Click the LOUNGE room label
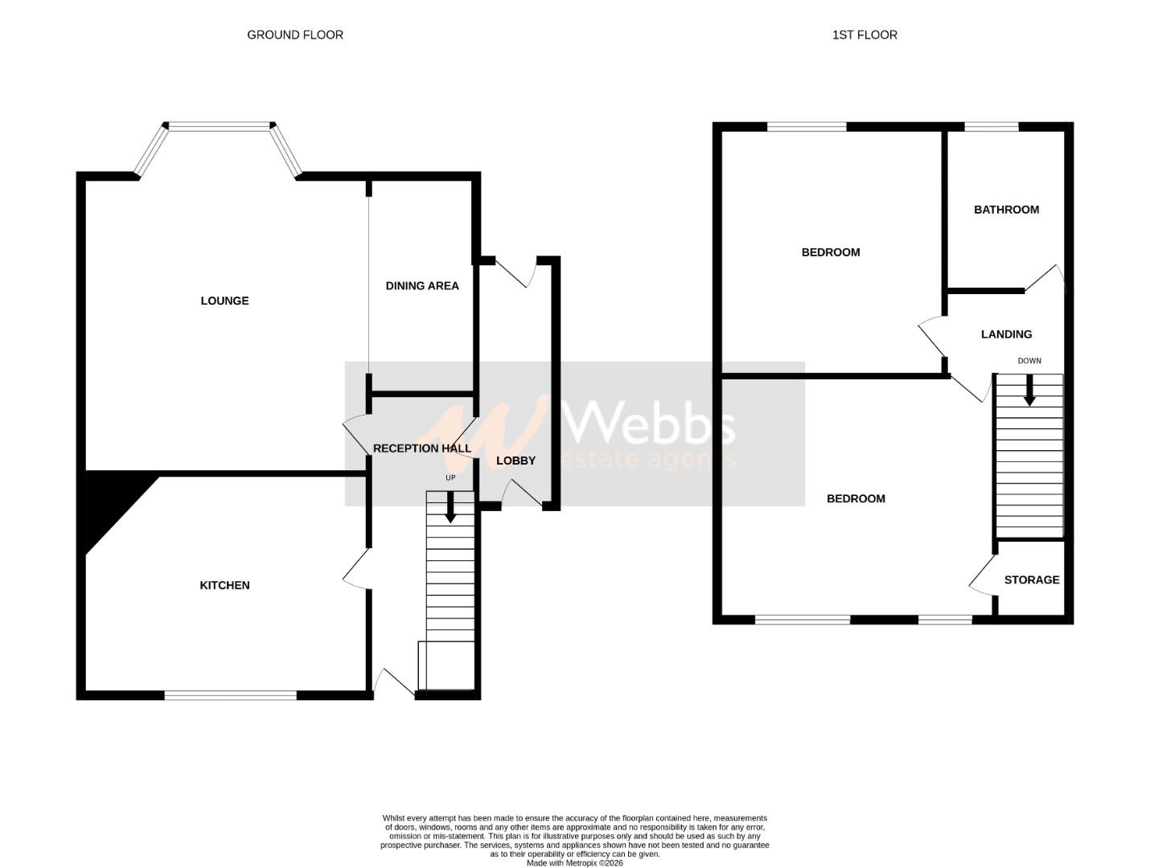[x=224, y=301]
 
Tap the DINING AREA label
[x=422, y=285]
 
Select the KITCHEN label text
[x=224, y=585]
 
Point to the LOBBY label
[x=515, y=461]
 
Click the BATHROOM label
[x=1006, y=210]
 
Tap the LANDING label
[x=1006, y=334]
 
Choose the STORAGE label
[x=1031, y=579]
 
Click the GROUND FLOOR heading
[x=295, y=35]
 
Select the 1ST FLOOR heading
[x=865, y=35]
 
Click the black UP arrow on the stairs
[x=450, y=507]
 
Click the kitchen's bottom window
[x=231, y=695]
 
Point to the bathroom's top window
[x=992, y=126]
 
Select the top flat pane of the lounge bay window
[x=219, y=125]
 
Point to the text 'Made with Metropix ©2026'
[x=574, y=863]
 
